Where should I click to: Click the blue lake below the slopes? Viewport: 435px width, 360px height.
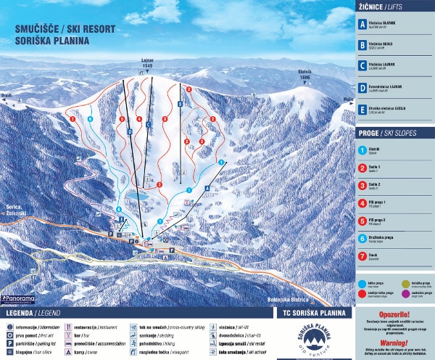click(x=138, y=195)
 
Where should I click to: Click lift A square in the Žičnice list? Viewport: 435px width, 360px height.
click(x=362, y=23)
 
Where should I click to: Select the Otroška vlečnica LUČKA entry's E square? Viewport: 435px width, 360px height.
click(x=362, y=111)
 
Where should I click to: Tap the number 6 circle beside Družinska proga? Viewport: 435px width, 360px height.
click(x=362, y=237)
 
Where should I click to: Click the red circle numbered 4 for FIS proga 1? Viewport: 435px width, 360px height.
click(x=362, y=201)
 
